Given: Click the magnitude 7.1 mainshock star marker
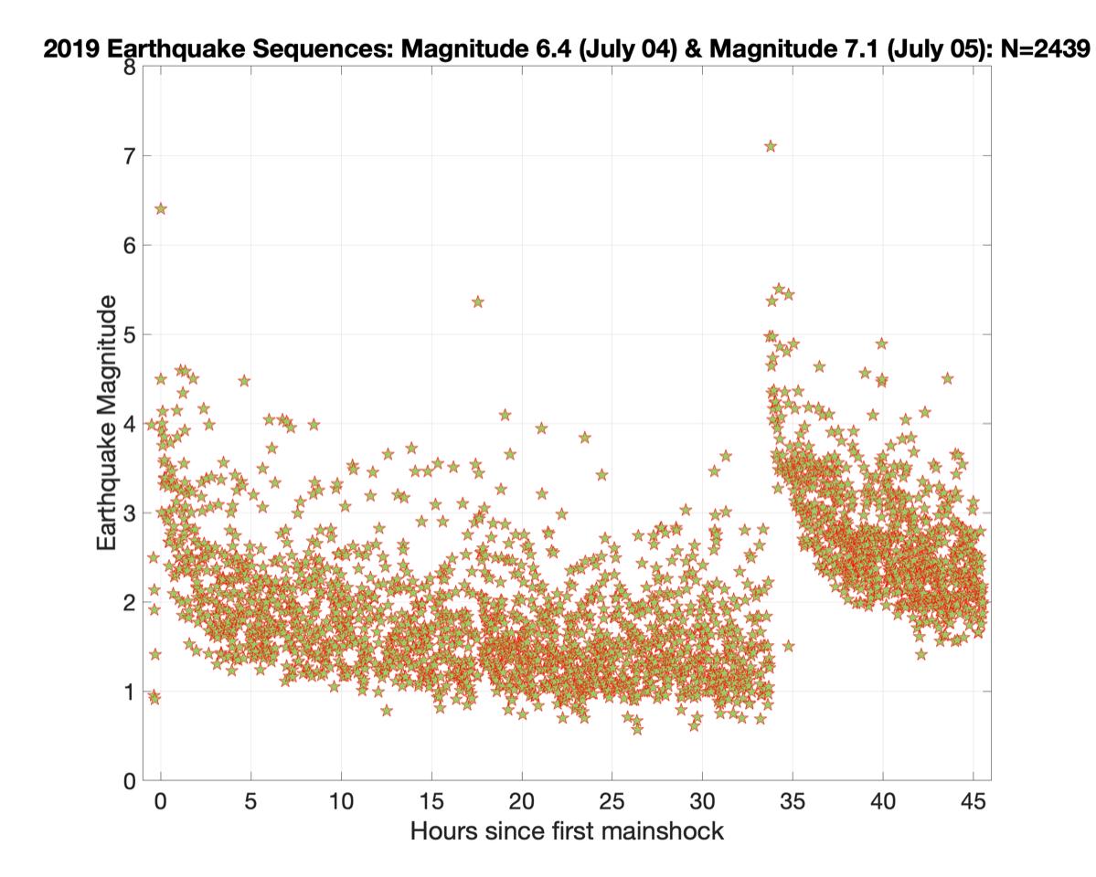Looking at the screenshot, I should [x=771, y=146].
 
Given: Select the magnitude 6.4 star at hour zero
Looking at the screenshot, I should [x=161, y=208].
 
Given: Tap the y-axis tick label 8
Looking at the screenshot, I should [x=130, y=68].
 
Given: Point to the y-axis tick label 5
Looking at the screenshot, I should [x=130, y=335].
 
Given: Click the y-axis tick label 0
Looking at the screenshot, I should [x=130, y=781].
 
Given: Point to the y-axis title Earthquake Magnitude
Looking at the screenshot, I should [x=107, y=422].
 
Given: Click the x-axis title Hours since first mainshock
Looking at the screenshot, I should [x=567, y=831].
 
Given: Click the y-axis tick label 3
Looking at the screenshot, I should [x=130, y=513].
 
